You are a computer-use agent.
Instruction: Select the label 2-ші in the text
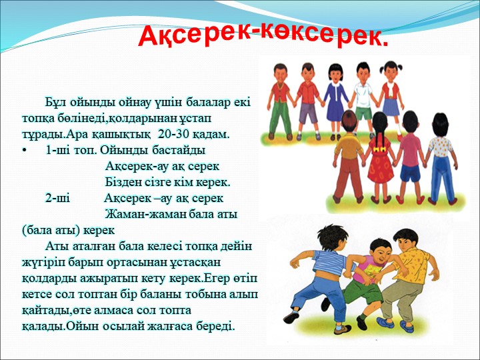(x=57, y=199)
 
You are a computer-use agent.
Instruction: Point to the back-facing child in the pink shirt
(x=410, y=151)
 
